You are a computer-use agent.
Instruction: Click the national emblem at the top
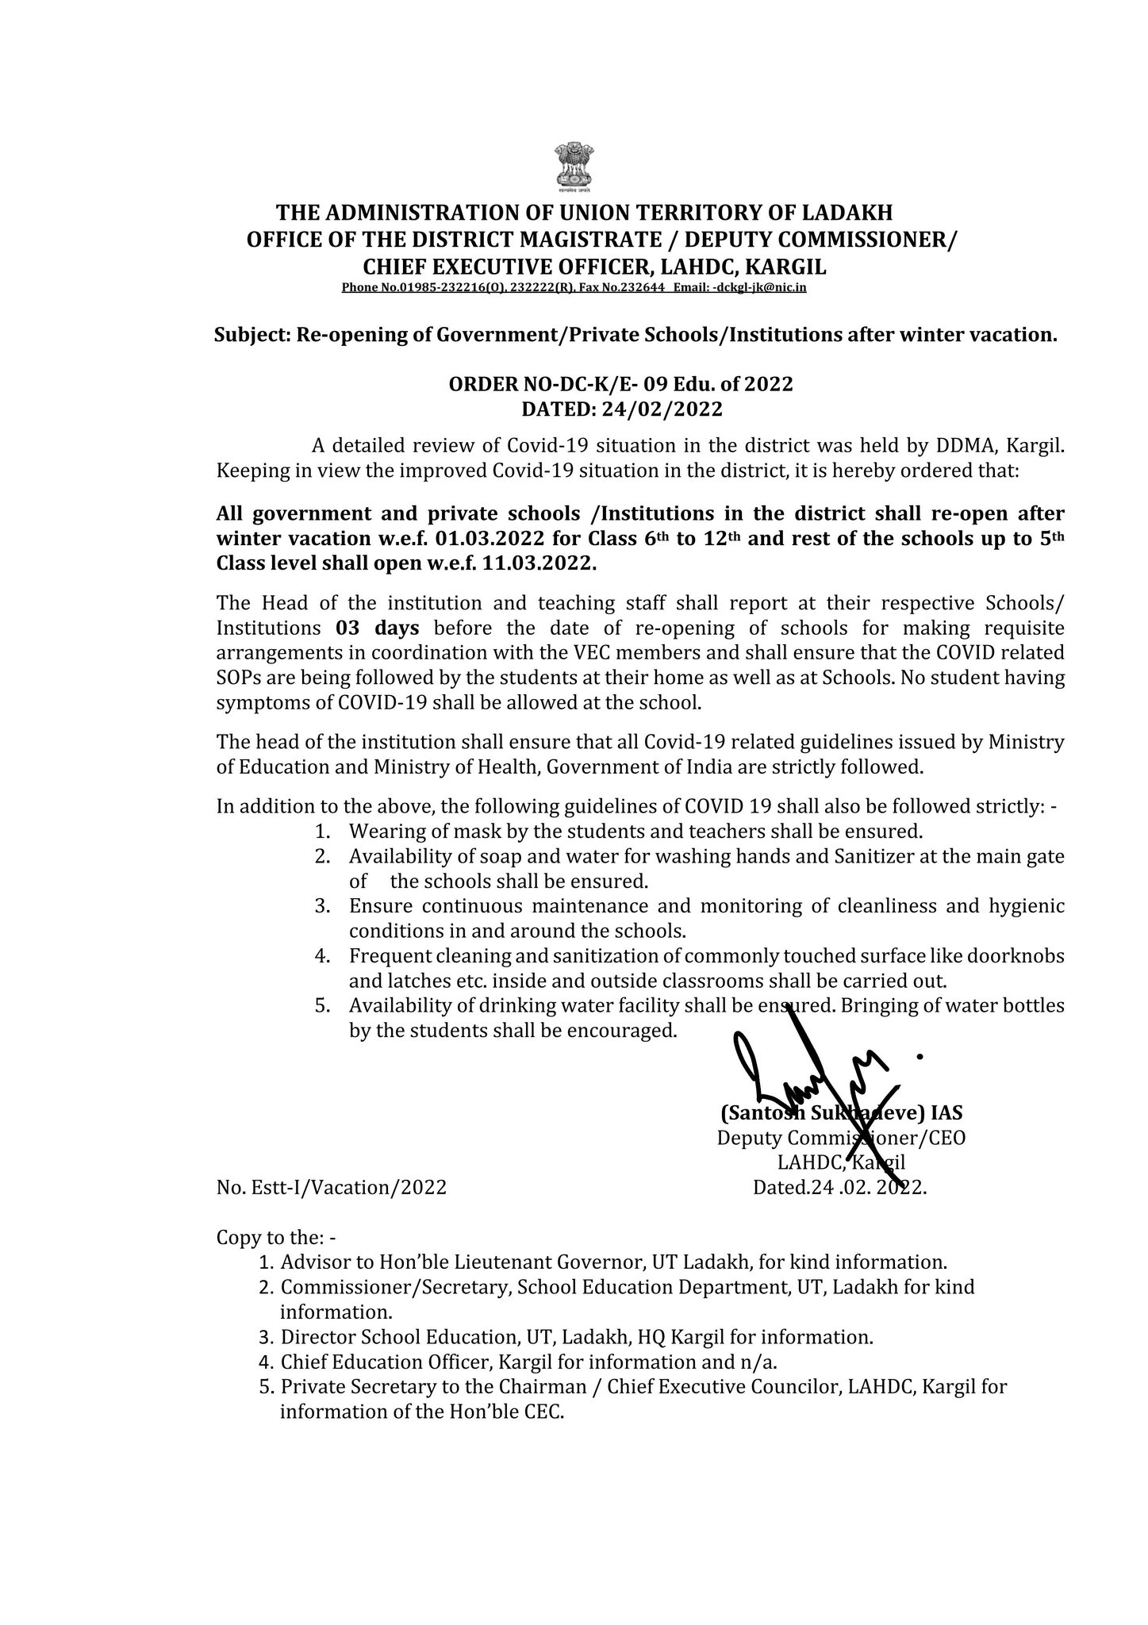point(575,166)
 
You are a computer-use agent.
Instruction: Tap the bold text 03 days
point(377,628)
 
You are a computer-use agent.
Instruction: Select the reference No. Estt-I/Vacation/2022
point(331,1187)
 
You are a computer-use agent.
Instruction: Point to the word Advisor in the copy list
point(312,1262)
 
